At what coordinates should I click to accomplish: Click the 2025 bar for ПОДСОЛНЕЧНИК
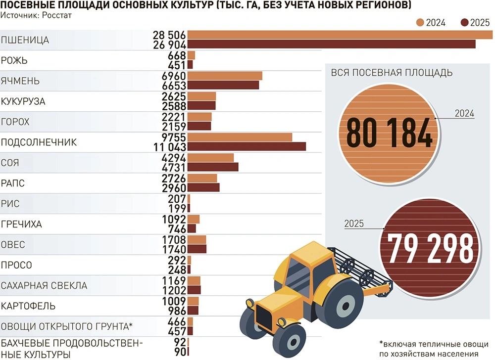(x=247, y=146)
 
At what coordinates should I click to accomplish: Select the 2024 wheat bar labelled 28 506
(x=340, y=35)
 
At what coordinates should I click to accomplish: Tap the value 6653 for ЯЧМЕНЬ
(x=173, y=85)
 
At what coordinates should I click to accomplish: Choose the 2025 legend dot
(x=464, y=22)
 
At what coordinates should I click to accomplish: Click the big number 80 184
(x=389, y=133)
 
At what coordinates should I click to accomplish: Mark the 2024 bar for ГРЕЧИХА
(x=194, y=219)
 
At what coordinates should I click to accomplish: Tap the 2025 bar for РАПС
(x=203, y=187)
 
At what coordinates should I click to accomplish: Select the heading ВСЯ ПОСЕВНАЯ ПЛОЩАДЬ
(x=391, y=73)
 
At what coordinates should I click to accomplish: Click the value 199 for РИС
(x=177, y=208)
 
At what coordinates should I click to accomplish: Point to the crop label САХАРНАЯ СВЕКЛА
(x=44, y=285)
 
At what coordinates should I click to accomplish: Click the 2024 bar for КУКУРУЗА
(x=201, y=96)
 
